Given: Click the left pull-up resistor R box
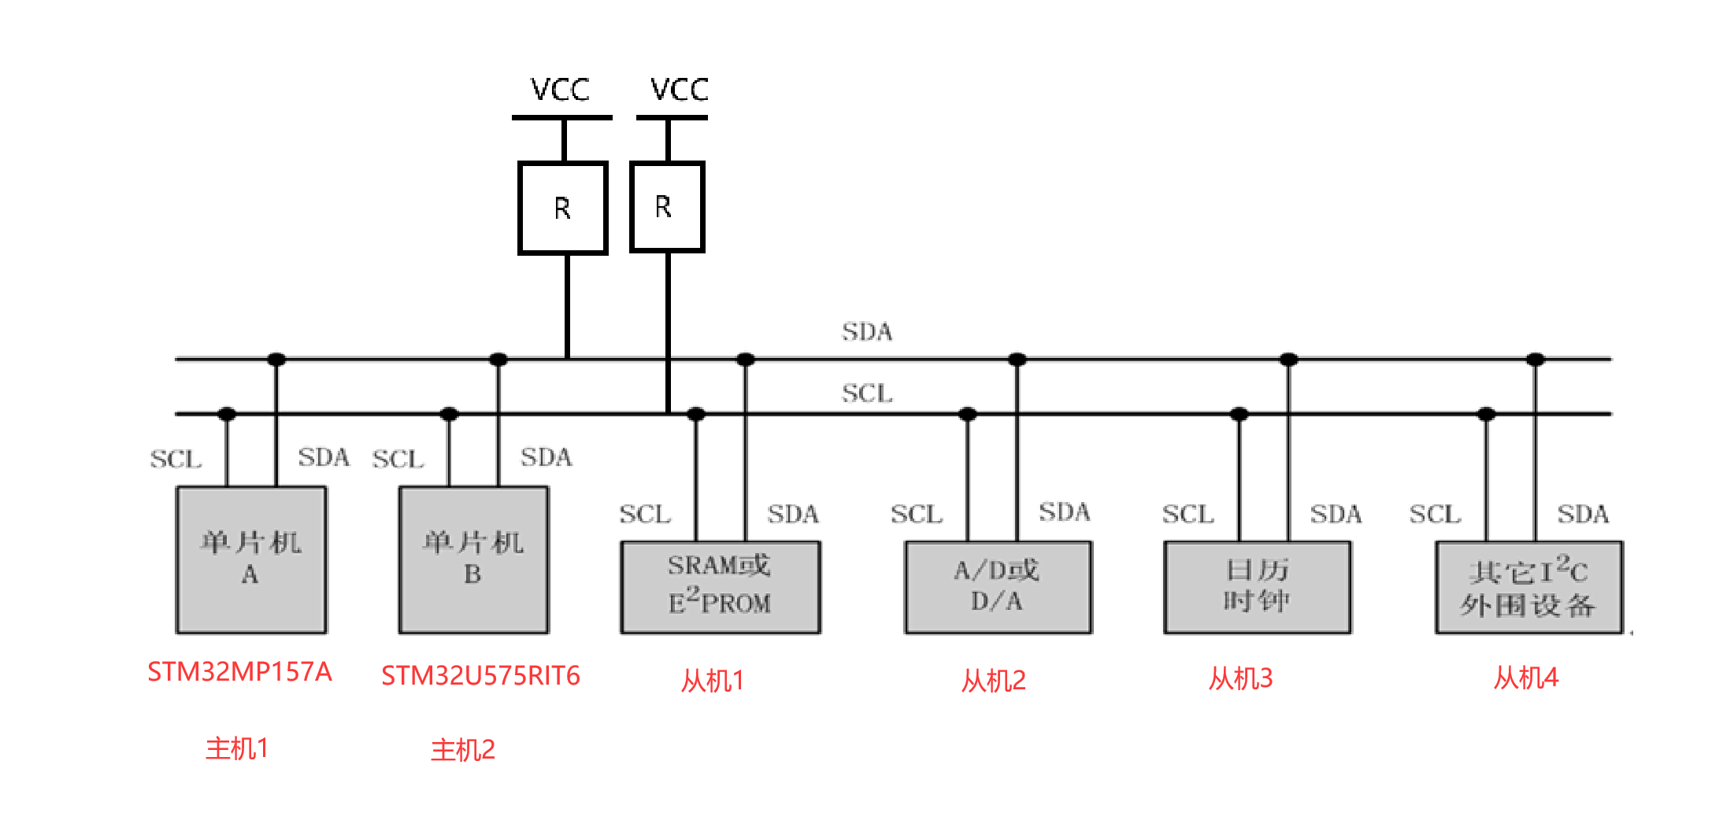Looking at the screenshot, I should tap(562, 208).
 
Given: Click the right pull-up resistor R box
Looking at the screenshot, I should tap(666, 206).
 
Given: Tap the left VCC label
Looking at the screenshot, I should tap(560, 90).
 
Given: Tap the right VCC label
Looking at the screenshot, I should tap(679, 89).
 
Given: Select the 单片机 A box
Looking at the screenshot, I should tap(251, 560).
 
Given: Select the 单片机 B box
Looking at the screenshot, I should tap(473, 560).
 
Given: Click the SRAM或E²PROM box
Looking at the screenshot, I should tap(720, 586).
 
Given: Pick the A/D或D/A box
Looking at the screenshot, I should tap(998, 586).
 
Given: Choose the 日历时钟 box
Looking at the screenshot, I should tap(1258, 586).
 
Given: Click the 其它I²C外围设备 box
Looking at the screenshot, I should tap(1528, 587).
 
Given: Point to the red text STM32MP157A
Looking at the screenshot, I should tap(239, 672).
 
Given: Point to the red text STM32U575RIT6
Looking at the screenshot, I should tap(480, 676).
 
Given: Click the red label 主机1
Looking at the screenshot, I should tap(237, 748).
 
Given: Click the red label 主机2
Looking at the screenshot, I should tap(463, 750).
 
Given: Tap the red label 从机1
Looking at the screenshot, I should tap(713, 681).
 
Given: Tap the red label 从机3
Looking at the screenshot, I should tap(1240, 678).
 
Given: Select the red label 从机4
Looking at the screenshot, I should tap(1526, 678).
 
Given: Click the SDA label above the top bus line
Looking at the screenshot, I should tap(866, 332).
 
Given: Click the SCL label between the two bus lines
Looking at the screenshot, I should tap(866, 393).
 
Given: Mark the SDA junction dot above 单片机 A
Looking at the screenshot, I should tap(276, 360).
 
